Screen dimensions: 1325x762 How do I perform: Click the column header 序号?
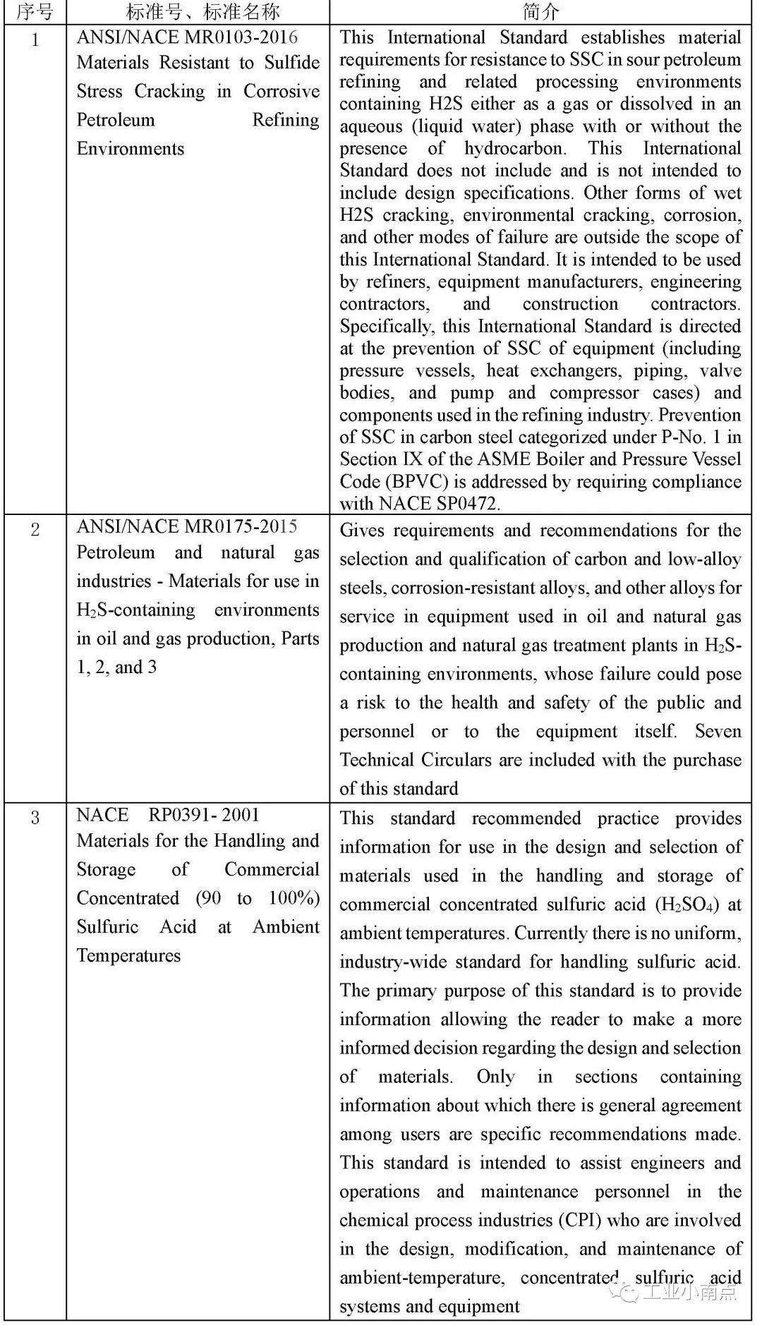(35, 12)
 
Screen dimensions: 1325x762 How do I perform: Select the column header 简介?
(540, 12)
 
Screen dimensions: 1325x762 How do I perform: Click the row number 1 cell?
(35, 40)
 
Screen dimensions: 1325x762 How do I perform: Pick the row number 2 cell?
(35, 530)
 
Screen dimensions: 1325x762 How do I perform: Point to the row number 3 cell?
(35, 818)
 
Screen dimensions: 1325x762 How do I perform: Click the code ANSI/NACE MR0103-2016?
(187, 37)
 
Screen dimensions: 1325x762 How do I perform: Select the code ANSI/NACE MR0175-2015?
(187, 526)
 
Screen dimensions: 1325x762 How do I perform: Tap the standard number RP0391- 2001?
(204, 815)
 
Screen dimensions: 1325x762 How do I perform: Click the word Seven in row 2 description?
(718, 731)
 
